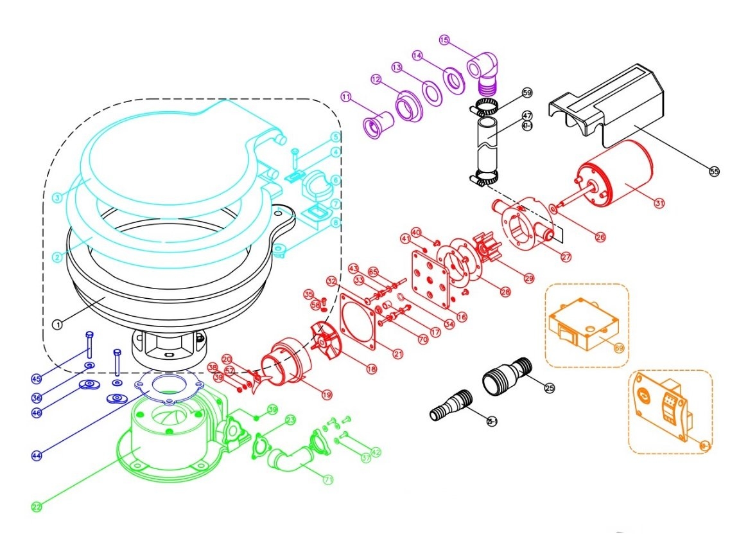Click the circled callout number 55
[715, 171]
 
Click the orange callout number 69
[619, 348]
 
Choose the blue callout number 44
[37, 455]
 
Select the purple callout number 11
[347, 97]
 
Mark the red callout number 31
[659, 203]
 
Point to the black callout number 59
[527, 93]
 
